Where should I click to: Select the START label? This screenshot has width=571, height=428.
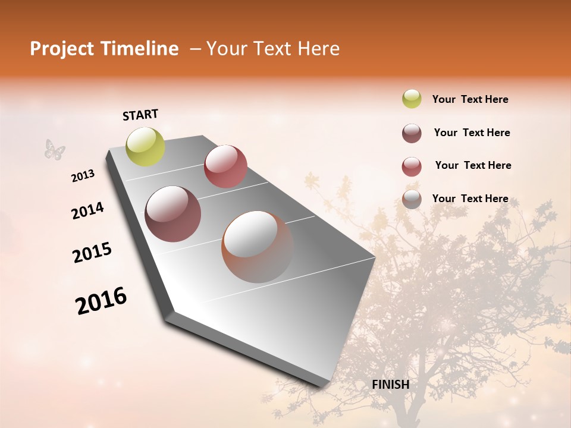(140, 115)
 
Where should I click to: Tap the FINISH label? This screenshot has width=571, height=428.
(390, 385)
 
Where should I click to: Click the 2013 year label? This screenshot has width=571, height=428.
(83, 176)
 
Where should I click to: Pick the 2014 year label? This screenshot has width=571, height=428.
(87, 210)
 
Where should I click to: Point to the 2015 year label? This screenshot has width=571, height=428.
(92, 253)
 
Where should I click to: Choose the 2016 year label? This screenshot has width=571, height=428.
(101, 301)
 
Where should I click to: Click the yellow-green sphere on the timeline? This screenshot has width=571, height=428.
(145, 146)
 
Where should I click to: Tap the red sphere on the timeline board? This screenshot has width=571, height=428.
(225, 166)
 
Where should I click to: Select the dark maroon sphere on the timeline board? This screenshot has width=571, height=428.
(173, 214)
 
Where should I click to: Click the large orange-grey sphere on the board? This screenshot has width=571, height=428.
(258, 247)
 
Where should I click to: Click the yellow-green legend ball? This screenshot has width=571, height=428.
(412, 99)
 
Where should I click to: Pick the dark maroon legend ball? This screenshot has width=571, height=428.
(412, 133)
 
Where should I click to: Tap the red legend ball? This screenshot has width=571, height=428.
(412, 166)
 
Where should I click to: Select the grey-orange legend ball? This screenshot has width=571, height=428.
(412, 200)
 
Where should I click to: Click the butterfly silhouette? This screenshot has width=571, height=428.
(55, 150)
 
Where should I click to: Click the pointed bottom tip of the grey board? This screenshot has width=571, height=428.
(324, 386)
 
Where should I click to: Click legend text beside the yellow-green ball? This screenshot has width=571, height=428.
(470, 99)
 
